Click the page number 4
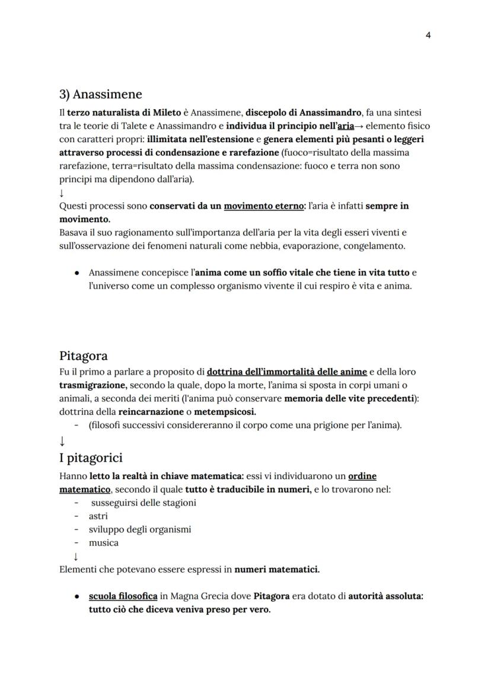(428, 35)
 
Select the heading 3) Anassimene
(101, 94)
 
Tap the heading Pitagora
(83, 356)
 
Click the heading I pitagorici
(91, 458)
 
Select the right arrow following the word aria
(359, 126)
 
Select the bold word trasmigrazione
(93, 385)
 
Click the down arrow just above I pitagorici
(62, 442)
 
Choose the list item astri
(98, 516)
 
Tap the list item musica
(104, 542)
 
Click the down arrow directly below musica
(75, 557)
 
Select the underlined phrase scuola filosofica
(123, 596)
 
